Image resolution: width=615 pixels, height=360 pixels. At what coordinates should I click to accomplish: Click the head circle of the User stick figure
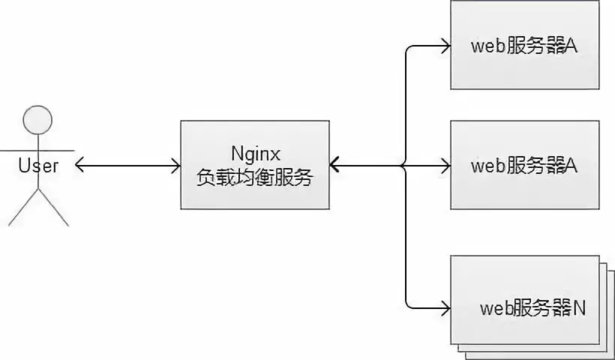[x=38, y=120]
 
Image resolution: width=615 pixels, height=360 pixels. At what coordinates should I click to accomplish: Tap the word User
[x=38, y=165]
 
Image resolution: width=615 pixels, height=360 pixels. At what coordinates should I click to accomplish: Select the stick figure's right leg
[x=53, y=209]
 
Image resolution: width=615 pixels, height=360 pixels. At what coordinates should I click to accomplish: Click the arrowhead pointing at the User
[x=80, y=164]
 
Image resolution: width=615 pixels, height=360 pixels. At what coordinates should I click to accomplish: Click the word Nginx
[x=254, y=154]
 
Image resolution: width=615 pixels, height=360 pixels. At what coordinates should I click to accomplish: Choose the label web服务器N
[x=533, y=308]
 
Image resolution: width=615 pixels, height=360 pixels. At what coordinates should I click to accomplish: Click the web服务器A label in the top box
[x=524, y=46]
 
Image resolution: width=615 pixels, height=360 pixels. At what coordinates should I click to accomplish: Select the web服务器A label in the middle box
[x=524, y=165]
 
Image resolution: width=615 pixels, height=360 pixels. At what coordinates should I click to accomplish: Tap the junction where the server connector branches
[x=406, y=164]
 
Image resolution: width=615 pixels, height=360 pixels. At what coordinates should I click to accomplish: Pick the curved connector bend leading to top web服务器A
[x=409, y=49]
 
